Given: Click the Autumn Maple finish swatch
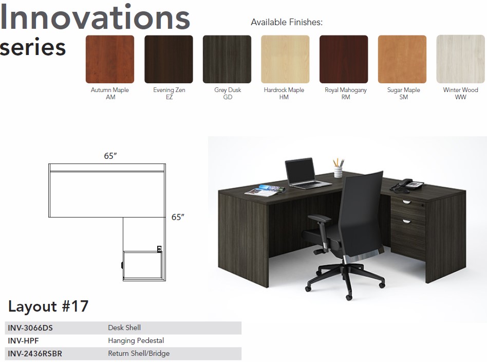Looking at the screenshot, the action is click(x=110, y=59).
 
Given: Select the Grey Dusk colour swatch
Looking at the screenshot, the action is click(x=227, y=59).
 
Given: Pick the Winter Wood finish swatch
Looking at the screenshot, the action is click(x=461, y=59).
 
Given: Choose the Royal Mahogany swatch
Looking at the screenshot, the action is click(x=344, y=59).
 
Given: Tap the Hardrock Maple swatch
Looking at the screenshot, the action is click(x=285, y=59).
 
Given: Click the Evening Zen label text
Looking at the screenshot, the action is click(x=170, y=90).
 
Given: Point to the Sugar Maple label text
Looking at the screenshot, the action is click(x=403, y=90).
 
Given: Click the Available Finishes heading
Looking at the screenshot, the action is click(x=287, y=22).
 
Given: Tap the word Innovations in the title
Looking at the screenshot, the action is click(x=95, y=17).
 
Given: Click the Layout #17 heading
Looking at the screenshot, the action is click(x=48, y=306).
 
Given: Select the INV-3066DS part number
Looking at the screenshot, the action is click(x=30, y=328).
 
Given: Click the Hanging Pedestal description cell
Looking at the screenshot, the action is click(x=136, y=340).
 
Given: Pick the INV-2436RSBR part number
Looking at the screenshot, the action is click(x=35, y=354).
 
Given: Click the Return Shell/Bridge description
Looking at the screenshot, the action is click(x=139, y=354).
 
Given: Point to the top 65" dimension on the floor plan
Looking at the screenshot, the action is click(x=110, y=155).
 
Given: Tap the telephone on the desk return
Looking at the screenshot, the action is click(x=406, y=185).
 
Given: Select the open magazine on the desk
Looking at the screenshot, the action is click(x=265, y=190).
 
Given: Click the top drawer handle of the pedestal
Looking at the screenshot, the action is click(x=406, y=202).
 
